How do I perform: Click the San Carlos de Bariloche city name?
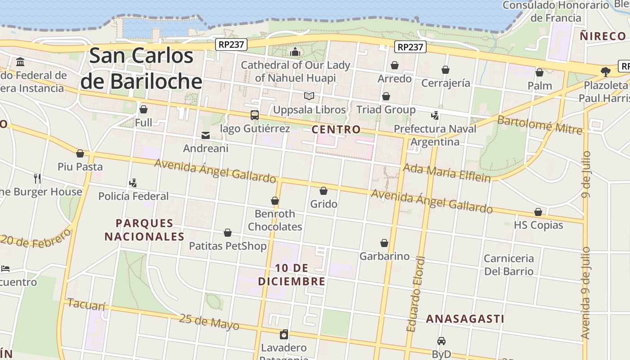pyautogui.click(x=141, y=68)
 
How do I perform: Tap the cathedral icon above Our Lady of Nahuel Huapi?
pyautogui.click(x=295, y=52)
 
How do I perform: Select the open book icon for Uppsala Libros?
pyautogui.click(x=309, y=96)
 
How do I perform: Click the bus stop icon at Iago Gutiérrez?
pyautogui.click(x=255, y=115)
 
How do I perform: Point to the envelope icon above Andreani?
pyautogui.click(x=206, y=135)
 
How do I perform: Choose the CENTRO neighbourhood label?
pyautogui.click(x=336, y=130)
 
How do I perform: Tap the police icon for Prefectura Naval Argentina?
pyautogui.click(x=435, y=116)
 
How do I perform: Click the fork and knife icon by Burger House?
pyautogui.click(x=37, y=178)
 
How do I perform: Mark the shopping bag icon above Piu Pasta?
pyautogui.click(x=80, y=153)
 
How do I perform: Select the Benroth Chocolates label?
pyautogui.click(x=275, y=220)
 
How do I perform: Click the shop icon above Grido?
pyautogui.click(x=323, y=191)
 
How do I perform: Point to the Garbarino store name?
pyautogui.click(x=384, y=256)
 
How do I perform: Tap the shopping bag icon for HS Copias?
pyautogui.click(x=538, y=211)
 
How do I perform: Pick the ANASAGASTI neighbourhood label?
pyautogui.click(x=465, y=319)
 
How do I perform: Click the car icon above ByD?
pyautogui.click(x=441, y=341)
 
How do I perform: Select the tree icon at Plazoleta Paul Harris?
pyautogui.click(x=606, y=72)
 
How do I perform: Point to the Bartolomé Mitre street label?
pyautogui.click(x=540, y=125)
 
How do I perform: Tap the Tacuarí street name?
pyautogui.click(x=86, y=305)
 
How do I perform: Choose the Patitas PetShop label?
pyautogui.click(x=228, y=246)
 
